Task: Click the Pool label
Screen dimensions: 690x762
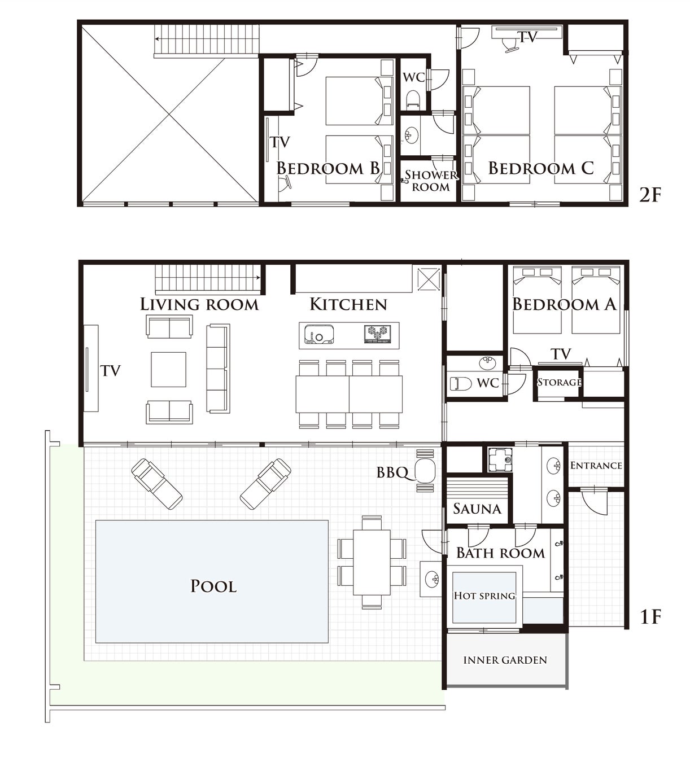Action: click(213, 586)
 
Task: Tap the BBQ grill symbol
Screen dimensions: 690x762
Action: click(425, 471)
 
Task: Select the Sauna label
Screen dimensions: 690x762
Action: click(477, 509)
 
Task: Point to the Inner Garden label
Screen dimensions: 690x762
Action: click(505, 660)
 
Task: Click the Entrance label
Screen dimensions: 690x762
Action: click(596, 465)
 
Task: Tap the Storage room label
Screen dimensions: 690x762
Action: click(559, 382)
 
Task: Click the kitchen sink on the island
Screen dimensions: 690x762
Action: click(319, 335)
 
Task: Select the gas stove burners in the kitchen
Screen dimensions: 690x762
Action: click(378, 334)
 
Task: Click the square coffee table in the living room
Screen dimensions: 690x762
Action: click(168, 370)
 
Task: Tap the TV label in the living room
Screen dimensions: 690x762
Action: click(111, 371)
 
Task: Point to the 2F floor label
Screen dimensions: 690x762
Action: click(650, 195)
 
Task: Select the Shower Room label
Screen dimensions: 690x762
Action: click(431, 181)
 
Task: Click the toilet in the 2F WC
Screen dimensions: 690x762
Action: click(413, 99)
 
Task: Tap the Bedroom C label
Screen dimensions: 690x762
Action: click(540, 168)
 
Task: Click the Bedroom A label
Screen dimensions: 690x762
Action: click(564, 304)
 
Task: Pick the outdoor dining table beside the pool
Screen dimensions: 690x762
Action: click(372, 563)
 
